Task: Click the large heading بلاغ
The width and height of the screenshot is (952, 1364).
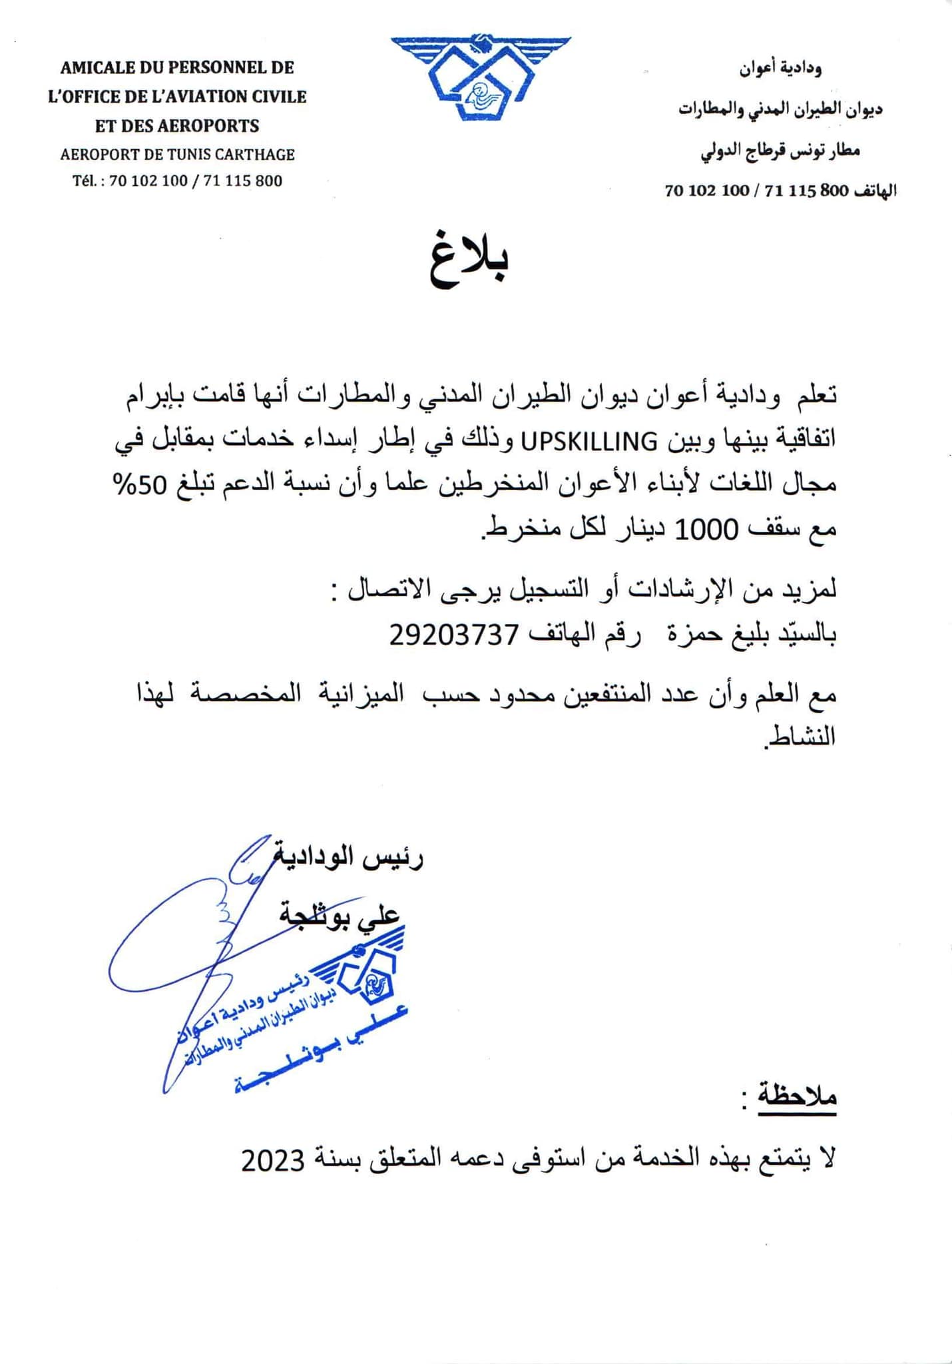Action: click(x=470, y=260)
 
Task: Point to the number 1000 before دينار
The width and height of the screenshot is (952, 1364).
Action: click(x=706, y=530)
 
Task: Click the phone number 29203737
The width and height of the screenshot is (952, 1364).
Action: click(x=453, y=635)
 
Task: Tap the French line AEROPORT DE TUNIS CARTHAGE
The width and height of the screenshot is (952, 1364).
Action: click(x=177, y=155)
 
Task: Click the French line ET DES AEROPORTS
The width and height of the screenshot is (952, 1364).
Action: click(x=177, y=126)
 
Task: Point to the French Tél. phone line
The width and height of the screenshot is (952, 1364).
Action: click(x=177, y=181)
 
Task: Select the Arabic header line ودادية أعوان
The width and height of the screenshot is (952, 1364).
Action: click(x=780, y=68)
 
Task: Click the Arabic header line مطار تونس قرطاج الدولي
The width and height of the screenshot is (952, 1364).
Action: click(x=780, y=151)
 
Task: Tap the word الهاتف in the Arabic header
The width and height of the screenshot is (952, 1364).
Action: click(x=874, y=190)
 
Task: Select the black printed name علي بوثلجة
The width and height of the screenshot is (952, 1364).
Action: click(x=340, y=916)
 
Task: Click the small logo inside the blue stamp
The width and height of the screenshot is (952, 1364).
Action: click(x=370, y=977)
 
